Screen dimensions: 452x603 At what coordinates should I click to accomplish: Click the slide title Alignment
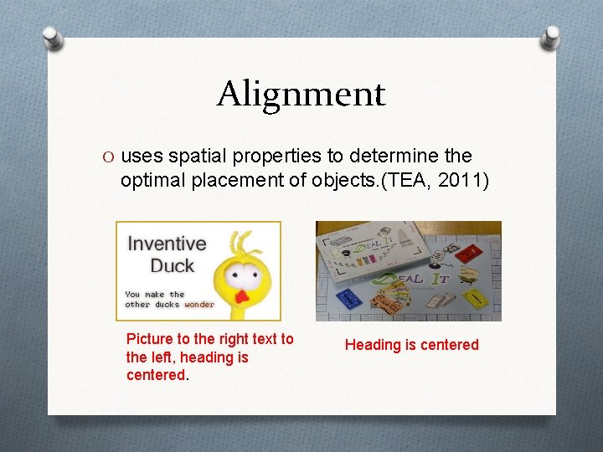pos(301,94)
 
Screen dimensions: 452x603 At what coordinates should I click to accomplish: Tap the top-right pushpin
pos(551,37)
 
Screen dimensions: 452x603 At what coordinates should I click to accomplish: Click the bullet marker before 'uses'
pos(109,157)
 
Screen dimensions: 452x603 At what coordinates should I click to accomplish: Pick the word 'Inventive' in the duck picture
pos(166,244)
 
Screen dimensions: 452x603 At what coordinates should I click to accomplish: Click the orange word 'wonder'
pos(199,305)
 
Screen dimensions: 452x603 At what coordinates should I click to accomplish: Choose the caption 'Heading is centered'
pos(412,345)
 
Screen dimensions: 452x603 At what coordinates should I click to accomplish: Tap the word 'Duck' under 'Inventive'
pos(172,266)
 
